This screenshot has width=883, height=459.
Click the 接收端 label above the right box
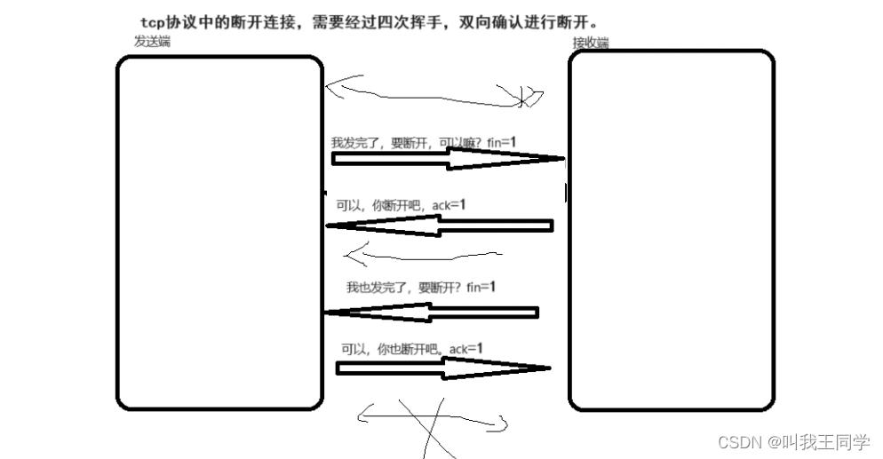tap(591, 43)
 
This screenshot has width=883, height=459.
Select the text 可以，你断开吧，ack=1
tap(401, 205)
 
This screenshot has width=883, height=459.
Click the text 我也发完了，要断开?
tap(405, 288)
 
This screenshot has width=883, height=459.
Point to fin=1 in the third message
tap(481, 288)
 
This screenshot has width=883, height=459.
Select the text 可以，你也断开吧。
tap(393, 350)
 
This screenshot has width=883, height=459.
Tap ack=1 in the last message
tap(465, 349)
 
